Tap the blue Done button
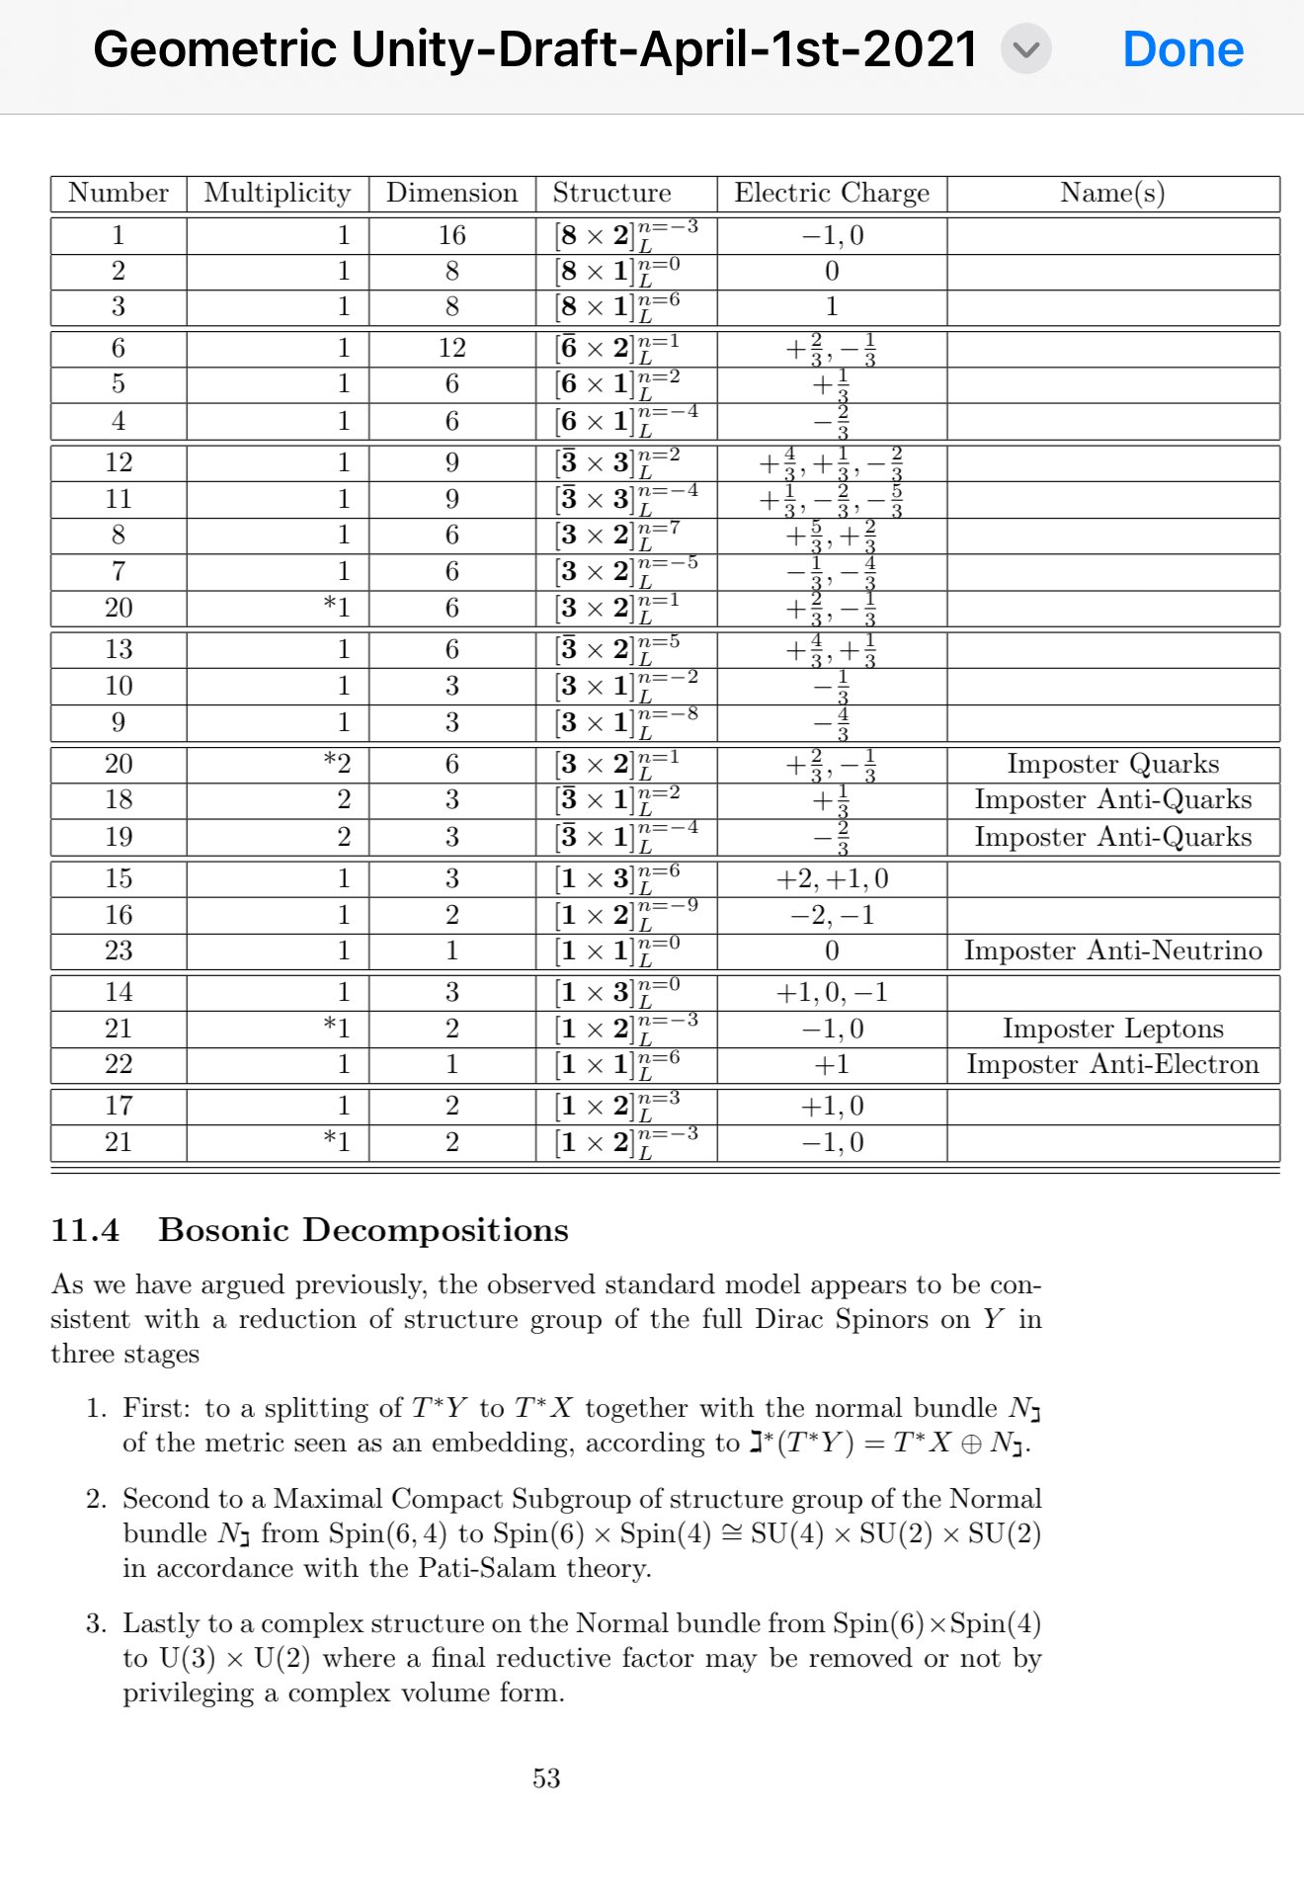pos(1182,49)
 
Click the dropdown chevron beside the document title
pos(1026,49)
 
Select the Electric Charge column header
pos(832,193)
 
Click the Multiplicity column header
pos(278,193)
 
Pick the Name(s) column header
pos(1112,193)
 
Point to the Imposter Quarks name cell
pos(1112,764)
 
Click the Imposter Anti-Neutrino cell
pos(1112,950)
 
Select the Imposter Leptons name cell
pos(1112,1029)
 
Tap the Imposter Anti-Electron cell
pos(1112,1064)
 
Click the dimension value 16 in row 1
pos(451,235)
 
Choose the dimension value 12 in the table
pos(451,348)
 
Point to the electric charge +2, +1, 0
pos(832,878)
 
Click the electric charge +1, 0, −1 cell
pos(832,992)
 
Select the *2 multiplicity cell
pos(338,764)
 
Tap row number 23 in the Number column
pos(119,950)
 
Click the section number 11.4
pos(85,1230)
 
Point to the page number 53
pos(546,1778)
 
